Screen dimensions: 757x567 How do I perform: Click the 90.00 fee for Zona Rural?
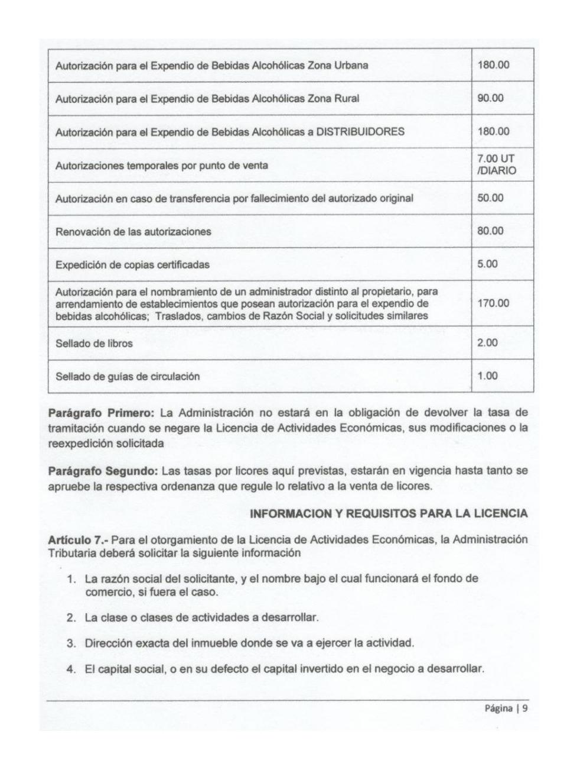point(490,98)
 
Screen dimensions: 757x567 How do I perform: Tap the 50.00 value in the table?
point(490,198)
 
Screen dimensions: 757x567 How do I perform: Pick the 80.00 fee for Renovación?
point(490,231)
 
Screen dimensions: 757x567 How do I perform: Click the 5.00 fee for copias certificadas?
point(487,264)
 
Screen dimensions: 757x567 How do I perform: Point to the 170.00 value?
point(493,303)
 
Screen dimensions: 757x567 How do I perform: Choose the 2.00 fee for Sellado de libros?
point(487,343)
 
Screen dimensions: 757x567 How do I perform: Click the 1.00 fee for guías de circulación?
point(487,376)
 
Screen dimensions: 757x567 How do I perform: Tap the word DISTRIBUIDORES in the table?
point(360,132)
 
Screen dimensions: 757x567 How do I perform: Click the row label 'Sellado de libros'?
point(94,344)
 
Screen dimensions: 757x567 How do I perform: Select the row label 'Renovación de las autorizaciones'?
point(133,231)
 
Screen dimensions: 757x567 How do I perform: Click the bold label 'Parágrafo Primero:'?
point(100,412)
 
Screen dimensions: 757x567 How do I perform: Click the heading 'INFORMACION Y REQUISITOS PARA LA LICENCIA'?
point(389,514)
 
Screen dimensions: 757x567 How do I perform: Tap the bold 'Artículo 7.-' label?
point(78,539)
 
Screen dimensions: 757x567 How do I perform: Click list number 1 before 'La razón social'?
point(71,578)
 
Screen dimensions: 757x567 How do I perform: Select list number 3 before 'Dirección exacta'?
point(71,643)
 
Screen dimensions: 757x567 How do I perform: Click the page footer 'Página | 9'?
point(506,709)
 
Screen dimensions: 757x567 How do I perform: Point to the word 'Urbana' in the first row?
point(351,65)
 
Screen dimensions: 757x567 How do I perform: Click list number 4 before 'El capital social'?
point(71,669)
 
